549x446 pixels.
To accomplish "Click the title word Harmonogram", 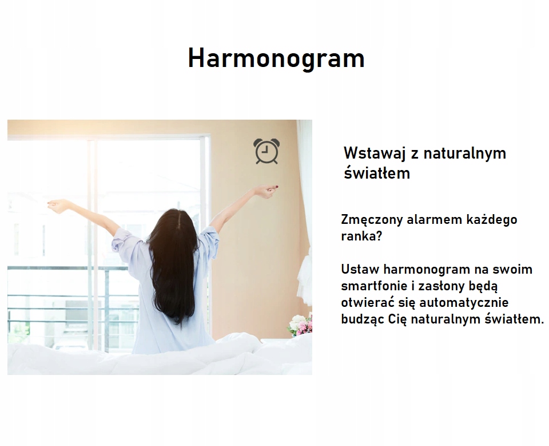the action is tap(276, 58).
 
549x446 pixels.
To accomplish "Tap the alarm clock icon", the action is tap(267, 151).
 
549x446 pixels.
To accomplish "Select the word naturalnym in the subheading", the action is tap(464, 154).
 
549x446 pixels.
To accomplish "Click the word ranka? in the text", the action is tap(361, 236).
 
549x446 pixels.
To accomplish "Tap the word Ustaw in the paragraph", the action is tap(360, 269).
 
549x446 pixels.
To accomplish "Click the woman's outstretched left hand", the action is tap(58, 206).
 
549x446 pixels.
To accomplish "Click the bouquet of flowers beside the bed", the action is tap(300, 324).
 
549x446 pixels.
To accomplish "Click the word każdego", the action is tap(492, 220).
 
